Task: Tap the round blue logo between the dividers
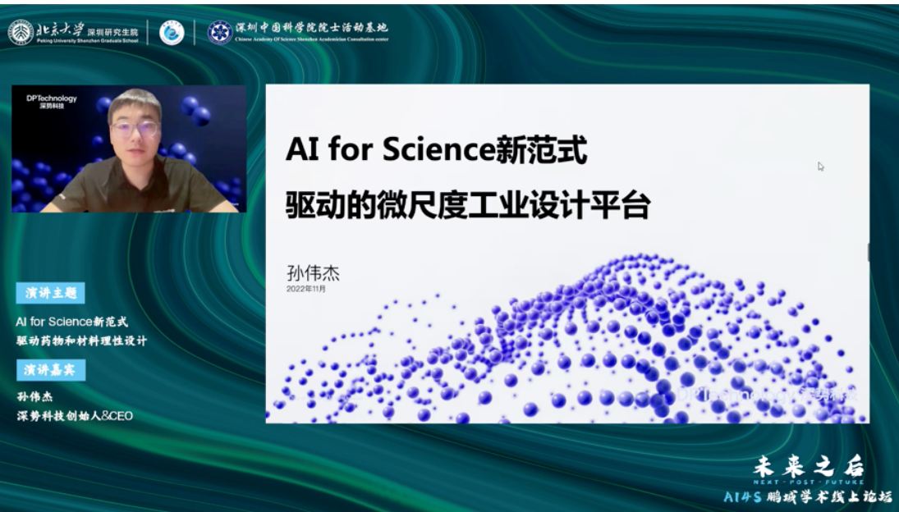click(x=172, y=32)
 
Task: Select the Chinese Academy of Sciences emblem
click(x=219, y=31)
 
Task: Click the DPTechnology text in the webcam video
click(x=52, y=98)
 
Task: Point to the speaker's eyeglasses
click(x=135, y=129)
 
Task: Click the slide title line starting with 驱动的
click(x=467, y=205)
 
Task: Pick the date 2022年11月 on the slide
click(x=306, y=289)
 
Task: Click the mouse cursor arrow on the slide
click(x=820, y=167)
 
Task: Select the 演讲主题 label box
click(x=50, y=293)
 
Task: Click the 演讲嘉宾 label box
click(x=50, y=370)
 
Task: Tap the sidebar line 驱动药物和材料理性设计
click(x=81, y=341)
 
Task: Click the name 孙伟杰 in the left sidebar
click(x=34, y=397)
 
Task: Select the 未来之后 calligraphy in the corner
click(x=809, y=467)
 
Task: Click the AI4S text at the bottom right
click(x=742, y=497)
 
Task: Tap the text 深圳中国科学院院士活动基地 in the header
click(x=311, y=27)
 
